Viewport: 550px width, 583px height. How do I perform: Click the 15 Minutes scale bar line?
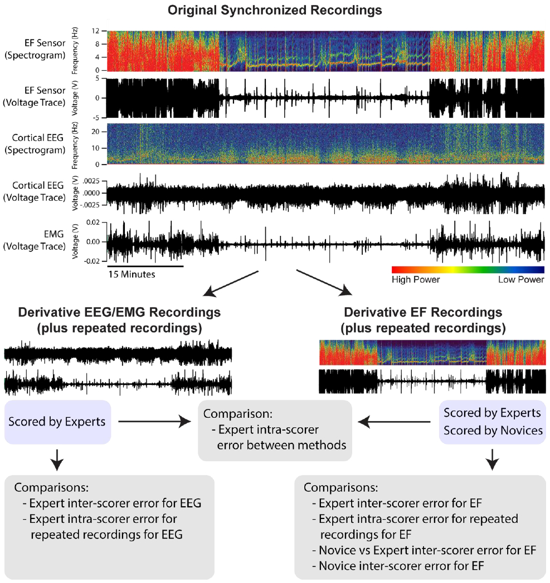pyautogui.click(x=145, y=266)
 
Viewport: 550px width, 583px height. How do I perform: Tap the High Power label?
pyautogui.click(x=416, y=279)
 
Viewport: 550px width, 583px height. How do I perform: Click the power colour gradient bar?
pyautogui.click(x=468, y=269)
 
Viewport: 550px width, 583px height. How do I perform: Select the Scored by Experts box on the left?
pyautogui.click(x=57, y=422)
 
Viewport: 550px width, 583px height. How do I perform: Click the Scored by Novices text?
pyautogui.click(x=492, y=430)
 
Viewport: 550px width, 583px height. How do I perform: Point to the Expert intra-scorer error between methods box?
pyautogui.click(x=276, y=431)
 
